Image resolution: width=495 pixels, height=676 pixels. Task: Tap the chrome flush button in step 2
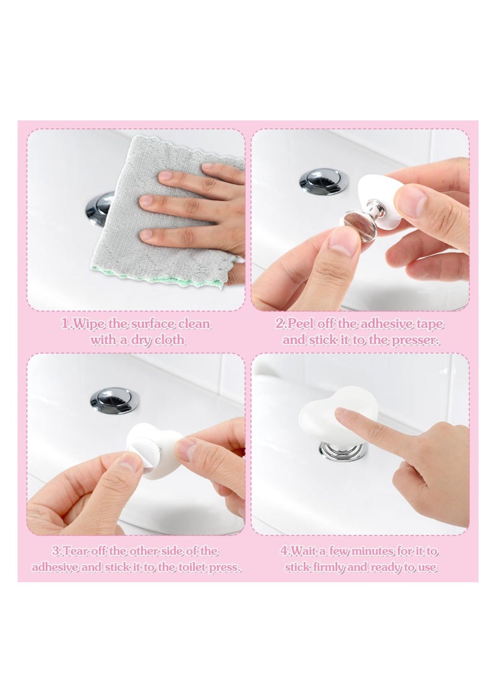(324, 182)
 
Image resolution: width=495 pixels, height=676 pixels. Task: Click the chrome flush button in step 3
(114, 400)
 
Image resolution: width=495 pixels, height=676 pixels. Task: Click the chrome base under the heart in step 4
(343, 450)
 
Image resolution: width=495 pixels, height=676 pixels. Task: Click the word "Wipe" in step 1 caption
(87, 324)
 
